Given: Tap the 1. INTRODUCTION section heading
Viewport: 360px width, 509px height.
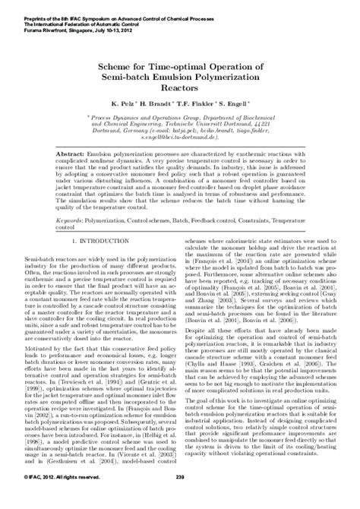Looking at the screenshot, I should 90,220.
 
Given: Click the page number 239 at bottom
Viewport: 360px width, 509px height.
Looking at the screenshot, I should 180,498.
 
